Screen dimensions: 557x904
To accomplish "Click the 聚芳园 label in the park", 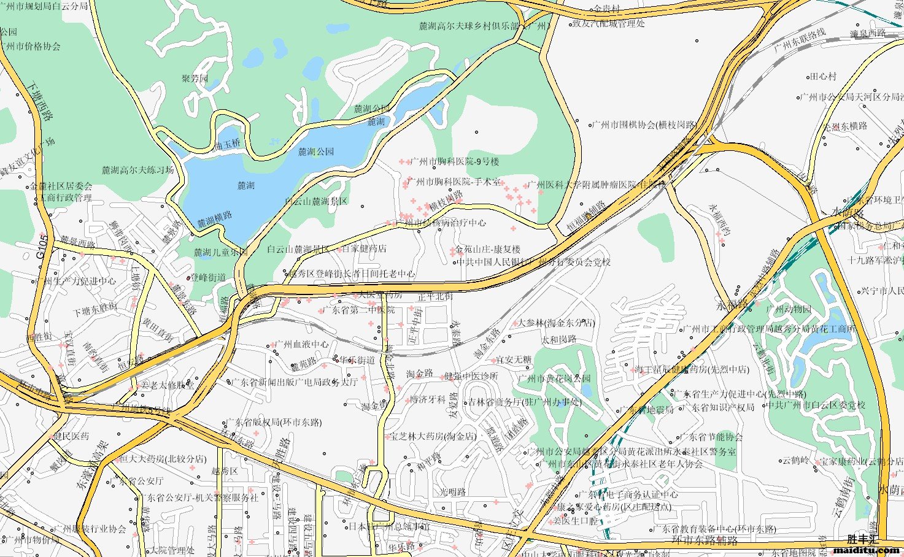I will click(195, 79).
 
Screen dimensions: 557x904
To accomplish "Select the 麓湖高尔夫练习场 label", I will click(138, 170).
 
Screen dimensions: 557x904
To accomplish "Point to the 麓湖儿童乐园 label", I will click(220, 252).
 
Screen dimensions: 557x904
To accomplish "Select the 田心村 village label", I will click(823, 77).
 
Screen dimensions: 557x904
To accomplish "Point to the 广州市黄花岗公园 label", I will click(554, 378).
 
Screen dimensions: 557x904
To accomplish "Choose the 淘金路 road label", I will click(419, 374).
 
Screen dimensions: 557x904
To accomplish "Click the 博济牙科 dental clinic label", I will click(428, 399).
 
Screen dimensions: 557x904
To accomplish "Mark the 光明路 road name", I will click(452, 492).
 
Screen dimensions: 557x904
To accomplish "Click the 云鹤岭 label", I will click(795, 461).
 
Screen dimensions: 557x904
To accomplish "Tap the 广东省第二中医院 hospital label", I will click(358, 310).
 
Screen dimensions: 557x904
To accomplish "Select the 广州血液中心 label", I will click(301, 344).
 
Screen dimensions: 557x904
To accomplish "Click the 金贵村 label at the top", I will click(607, 9).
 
